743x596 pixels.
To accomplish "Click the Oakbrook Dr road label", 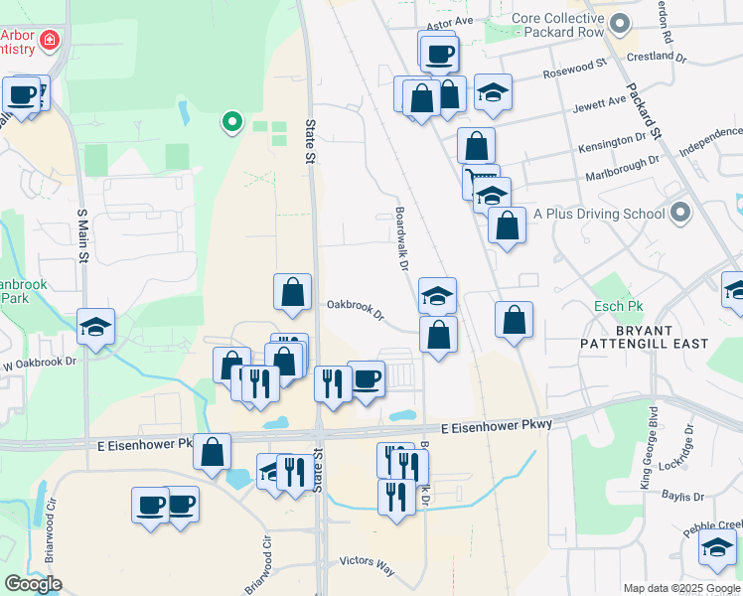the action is tap(356, 309).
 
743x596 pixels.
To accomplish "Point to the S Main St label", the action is tap(82, 237).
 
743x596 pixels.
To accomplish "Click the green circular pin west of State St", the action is tap(231, 122).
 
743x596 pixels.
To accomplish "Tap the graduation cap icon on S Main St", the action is tap(95, 326).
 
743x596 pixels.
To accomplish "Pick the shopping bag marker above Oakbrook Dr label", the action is tap(292, 292).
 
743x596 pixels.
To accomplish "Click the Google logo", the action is tap(33, 583).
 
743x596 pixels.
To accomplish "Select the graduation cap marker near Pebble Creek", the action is tap(717, 545).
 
